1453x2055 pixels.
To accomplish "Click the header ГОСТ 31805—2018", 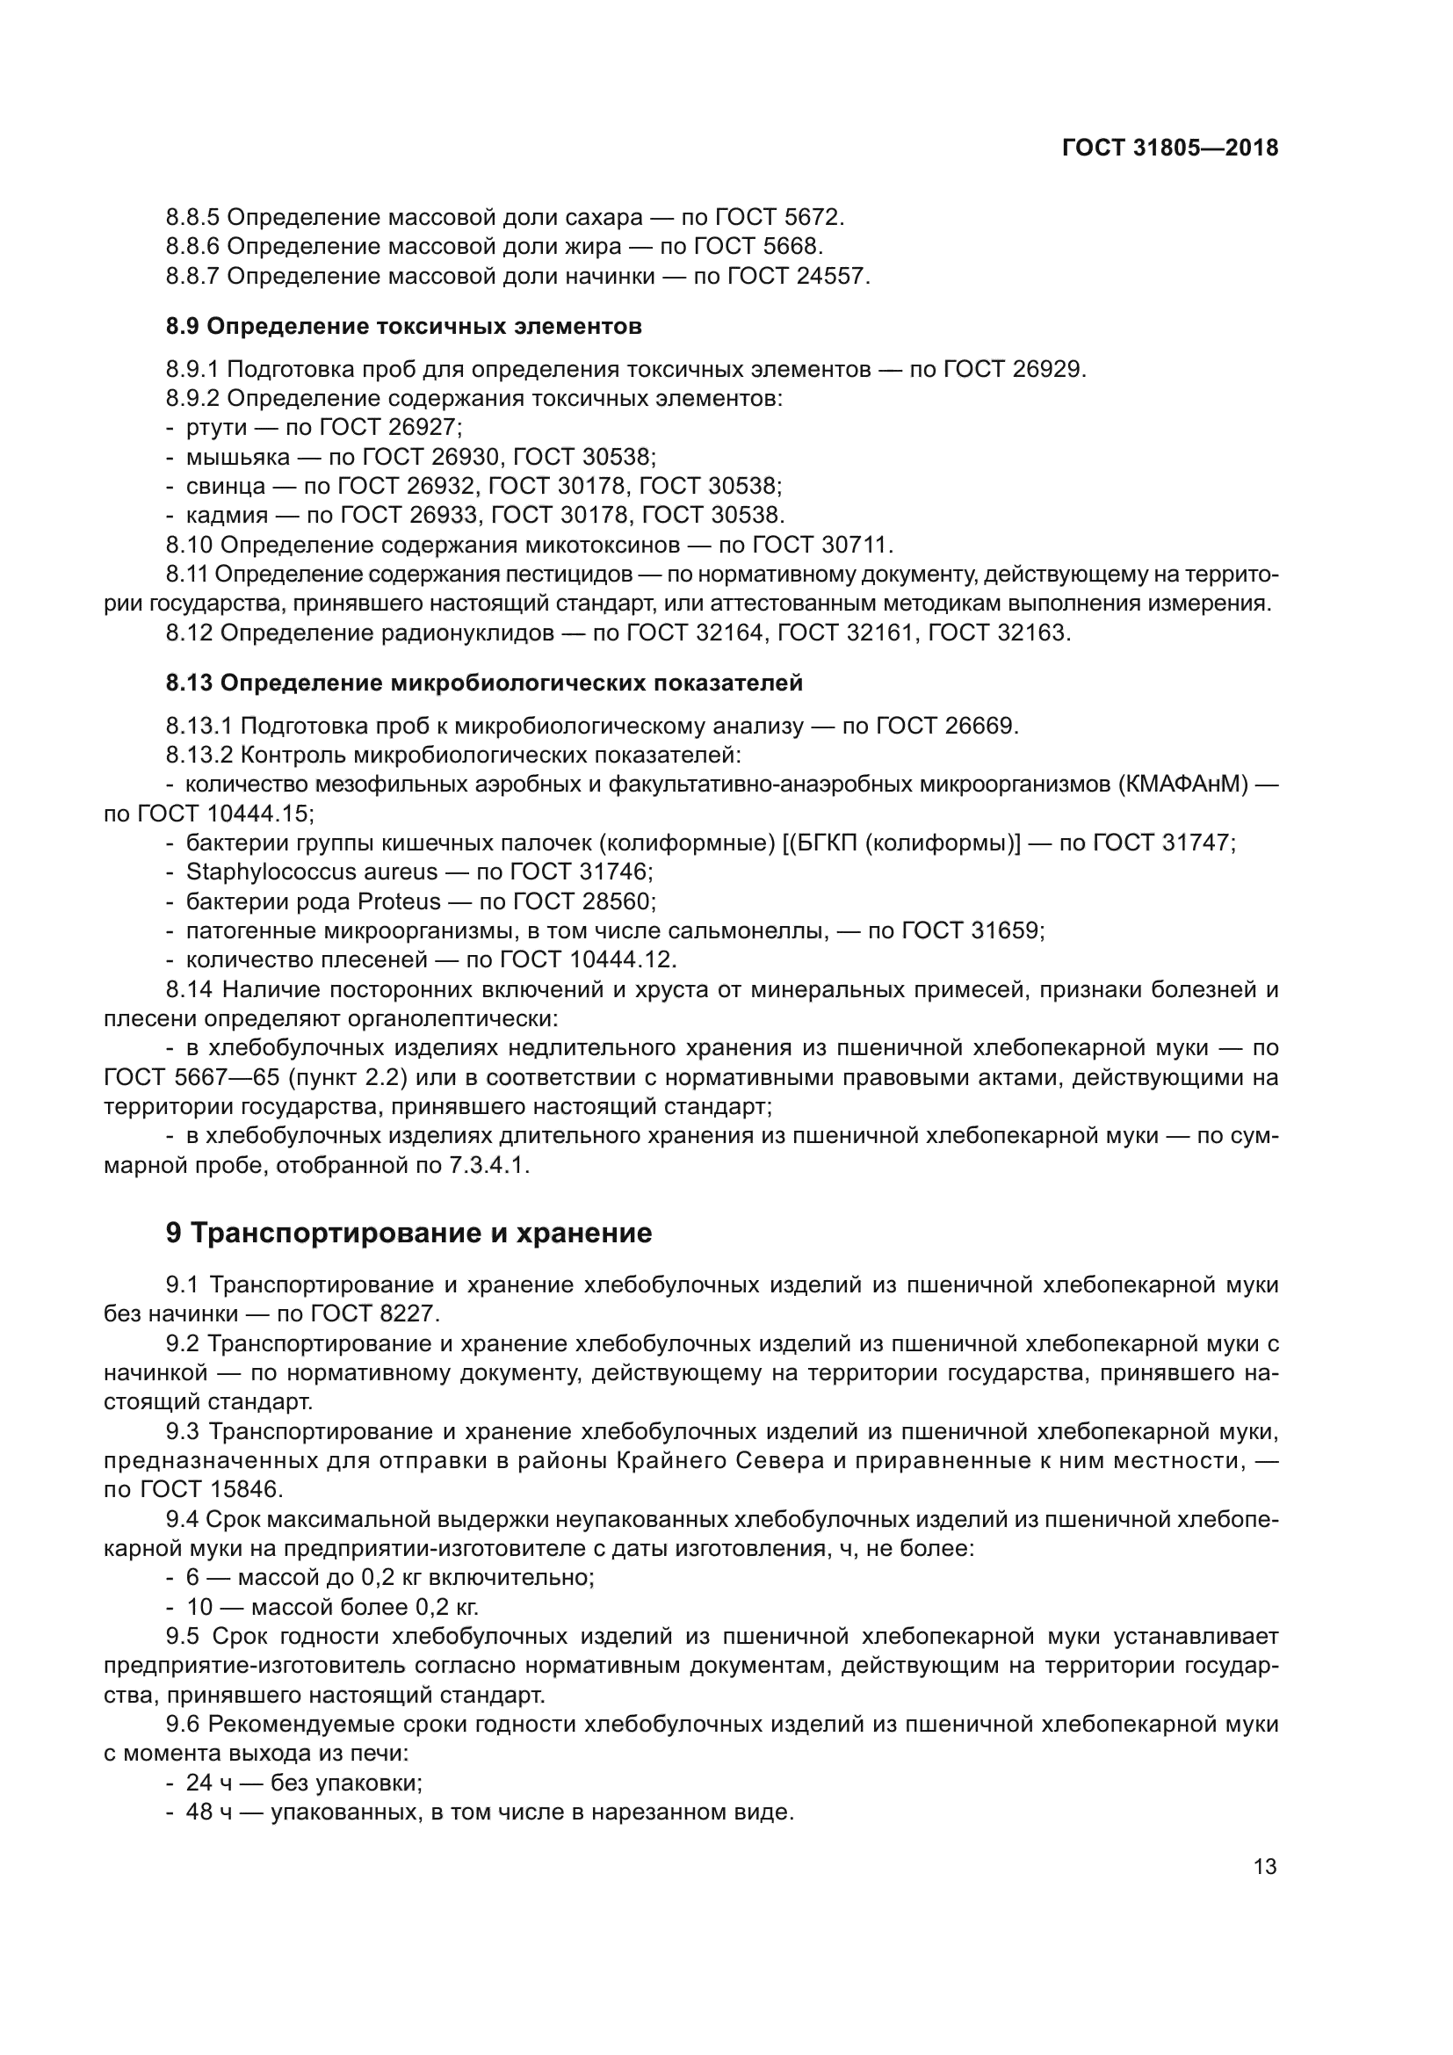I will (x=1169, y=148).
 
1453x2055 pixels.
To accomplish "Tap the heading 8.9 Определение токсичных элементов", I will (x=403, y=327).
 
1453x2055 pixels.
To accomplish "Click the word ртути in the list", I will (x=215, y=428).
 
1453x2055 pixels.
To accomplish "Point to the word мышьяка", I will (x=237, y=458).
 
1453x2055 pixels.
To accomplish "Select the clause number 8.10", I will (x=189, y=545).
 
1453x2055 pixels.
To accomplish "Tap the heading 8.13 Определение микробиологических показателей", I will (x=484, y=684).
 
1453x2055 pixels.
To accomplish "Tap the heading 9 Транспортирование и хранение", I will (x=408, y=1234).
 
